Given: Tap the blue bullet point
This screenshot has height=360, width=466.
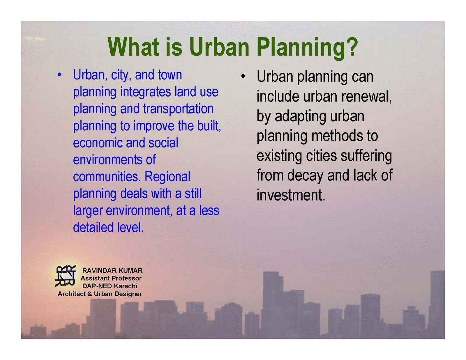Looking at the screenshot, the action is [59, 75].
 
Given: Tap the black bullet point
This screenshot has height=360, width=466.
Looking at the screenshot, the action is [243, 76].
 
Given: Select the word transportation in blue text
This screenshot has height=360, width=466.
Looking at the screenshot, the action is [178, 109].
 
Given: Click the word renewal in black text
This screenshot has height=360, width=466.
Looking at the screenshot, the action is [366, 97].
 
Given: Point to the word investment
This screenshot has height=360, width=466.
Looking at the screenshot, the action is [291, 195].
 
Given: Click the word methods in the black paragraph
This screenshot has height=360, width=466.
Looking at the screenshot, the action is [337, 136].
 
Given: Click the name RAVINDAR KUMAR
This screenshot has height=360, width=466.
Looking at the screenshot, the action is [112, 270].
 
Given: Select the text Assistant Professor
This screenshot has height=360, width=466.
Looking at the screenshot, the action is [111, 278].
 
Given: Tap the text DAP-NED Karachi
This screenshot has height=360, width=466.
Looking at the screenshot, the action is [110, 286].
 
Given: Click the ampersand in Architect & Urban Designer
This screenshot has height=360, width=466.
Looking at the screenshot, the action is [89, 294].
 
